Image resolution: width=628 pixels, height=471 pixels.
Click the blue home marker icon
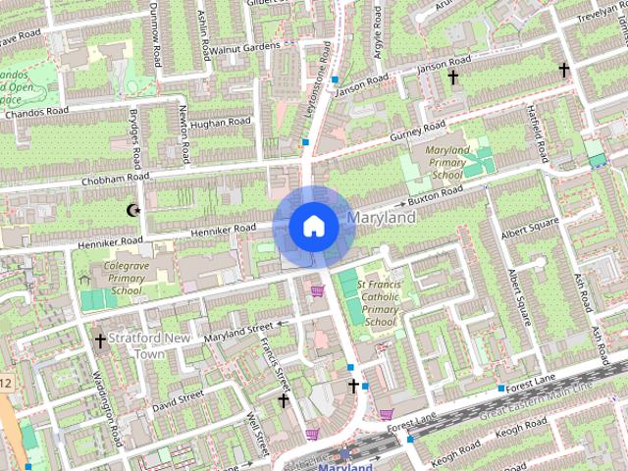(313, 226)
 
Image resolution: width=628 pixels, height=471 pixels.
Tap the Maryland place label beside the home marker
(381, 217)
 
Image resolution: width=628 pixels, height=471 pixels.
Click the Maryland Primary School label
(446, 163)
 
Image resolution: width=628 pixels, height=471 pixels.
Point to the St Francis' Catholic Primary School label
(380, 302)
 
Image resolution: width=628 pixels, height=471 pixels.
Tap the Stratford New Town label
(148, 345)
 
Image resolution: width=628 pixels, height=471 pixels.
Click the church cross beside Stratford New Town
(100, 340)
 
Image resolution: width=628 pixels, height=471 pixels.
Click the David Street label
(178, 396)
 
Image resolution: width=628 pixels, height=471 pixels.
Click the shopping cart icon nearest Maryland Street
(317, 291)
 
